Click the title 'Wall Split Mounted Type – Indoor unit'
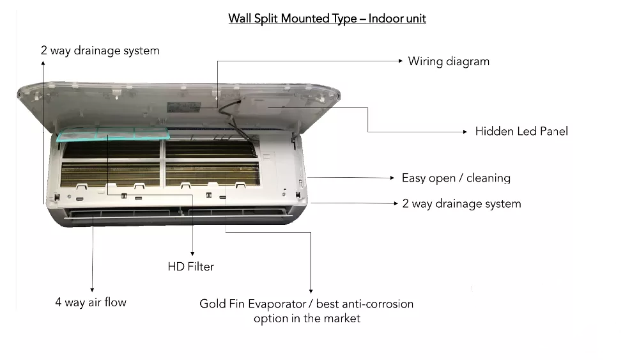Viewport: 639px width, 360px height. tap(327, 19)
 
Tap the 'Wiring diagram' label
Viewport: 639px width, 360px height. tap(449, 61)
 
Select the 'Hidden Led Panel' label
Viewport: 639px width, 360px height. tap(521, 131)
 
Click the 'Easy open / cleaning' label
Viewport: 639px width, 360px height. tap(456, 178)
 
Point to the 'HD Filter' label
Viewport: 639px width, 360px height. tap(191, 266)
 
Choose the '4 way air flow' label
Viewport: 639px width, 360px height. tap(91, 302)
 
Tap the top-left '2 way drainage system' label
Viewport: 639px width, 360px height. tap(100, 51)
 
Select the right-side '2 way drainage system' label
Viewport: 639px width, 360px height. tap(462, 204)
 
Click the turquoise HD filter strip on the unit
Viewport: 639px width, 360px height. tap(115, 134)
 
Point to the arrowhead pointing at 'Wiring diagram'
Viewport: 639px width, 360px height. tap(399, 61)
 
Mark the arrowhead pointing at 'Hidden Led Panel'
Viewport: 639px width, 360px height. tap(465, 132)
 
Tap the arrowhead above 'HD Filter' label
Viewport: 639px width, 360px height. tap(192, 254)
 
